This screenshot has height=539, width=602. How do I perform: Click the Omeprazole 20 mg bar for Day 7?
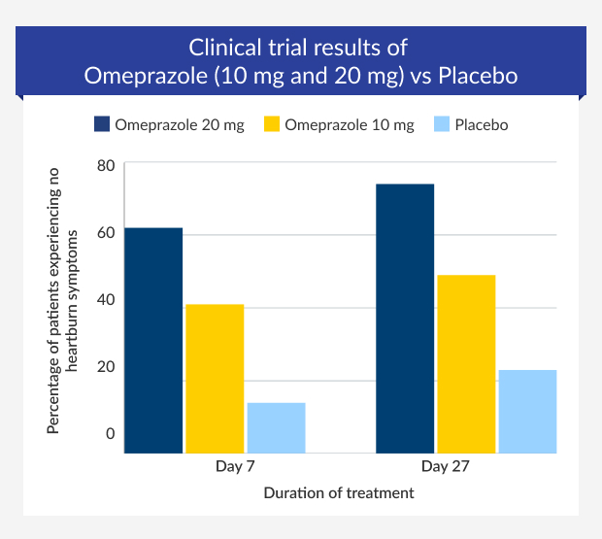153,340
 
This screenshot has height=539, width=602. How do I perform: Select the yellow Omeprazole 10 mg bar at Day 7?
215,379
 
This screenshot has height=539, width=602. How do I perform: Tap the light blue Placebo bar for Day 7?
276,427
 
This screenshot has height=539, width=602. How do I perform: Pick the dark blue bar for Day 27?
405,319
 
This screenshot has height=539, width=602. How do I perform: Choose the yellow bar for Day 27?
466,364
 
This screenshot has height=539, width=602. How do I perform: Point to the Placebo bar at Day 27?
527,411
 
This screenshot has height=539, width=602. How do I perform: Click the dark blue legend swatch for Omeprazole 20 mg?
101,124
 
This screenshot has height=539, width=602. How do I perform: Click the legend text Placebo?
482,124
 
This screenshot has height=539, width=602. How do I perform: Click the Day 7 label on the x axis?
235,467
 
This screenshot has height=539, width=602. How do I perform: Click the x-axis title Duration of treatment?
339,492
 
